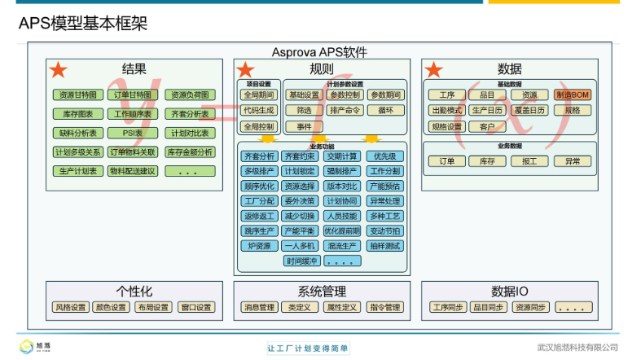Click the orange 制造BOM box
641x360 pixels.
pos(572,95)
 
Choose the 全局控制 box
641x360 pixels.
pos(259,126)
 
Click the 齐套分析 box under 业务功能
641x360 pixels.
pos(259,156)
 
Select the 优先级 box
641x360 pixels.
pos(384,156)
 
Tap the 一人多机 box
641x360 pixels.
pos(301,246)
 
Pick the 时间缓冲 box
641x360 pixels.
pos(301,261)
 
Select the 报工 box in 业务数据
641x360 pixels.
pos(529,161)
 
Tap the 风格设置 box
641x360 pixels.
pos(70,308)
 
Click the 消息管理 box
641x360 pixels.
pos(259,308)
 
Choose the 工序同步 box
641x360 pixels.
pos(448,308)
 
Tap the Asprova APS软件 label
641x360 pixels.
pos(320,52)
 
